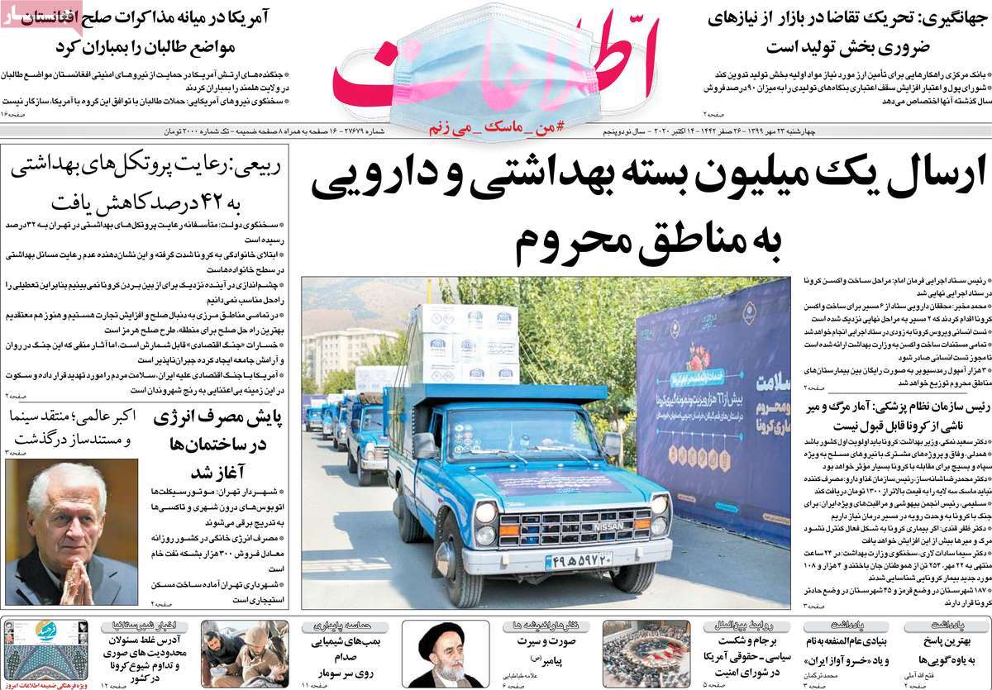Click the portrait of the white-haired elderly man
click(x=71, y=532)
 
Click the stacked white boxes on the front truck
click(x=466, y=344)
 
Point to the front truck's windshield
click(x=529, y=434)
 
